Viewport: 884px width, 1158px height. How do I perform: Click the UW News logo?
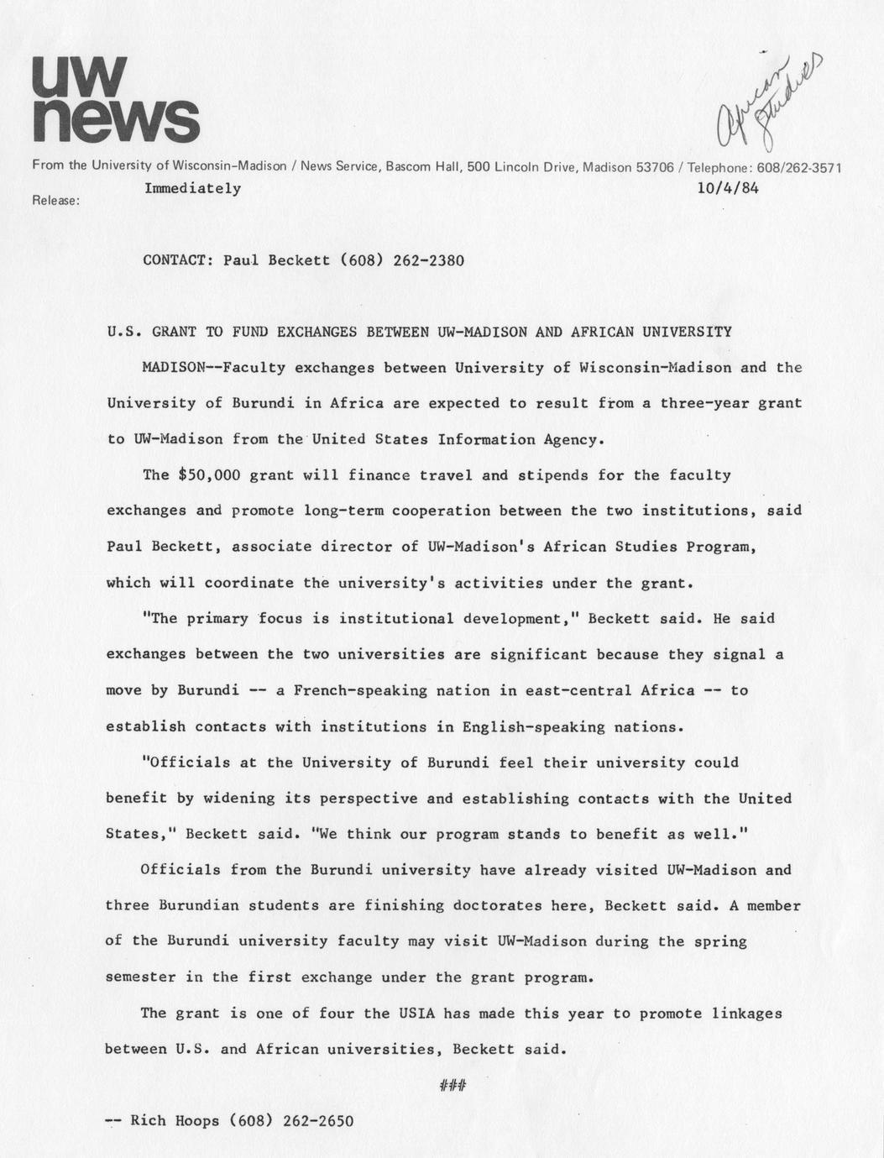(x=115, y=99)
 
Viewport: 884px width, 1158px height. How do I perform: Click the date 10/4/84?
(x=728, y=189)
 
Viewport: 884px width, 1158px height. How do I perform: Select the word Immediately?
(x=192, y=188)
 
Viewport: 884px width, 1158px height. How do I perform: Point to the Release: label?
(x=55, y=201)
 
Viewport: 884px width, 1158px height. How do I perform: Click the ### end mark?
(x=452, y=1087)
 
